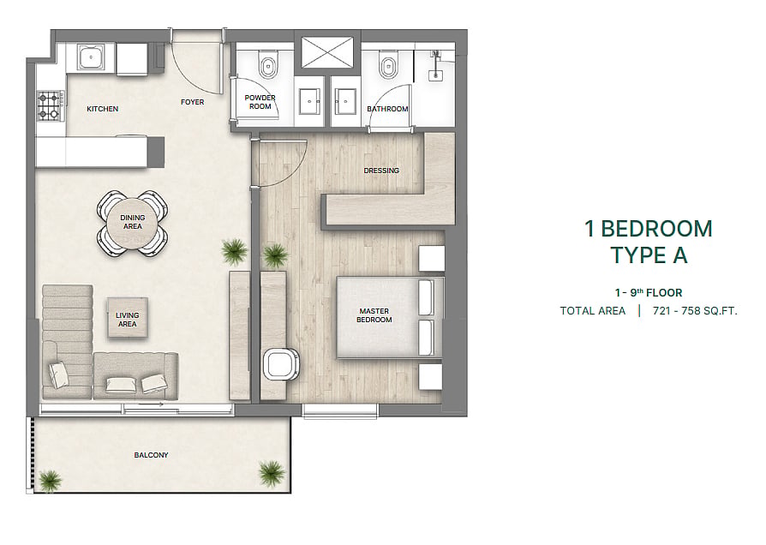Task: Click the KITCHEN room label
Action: click(x=102, y=109)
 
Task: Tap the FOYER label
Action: click(x=193, y=102)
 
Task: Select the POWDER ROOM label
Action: click(x=260, y=102)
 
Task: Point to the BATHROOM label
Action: click(x=387, y=109)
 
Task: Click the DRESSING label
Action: click(x=381, y=171)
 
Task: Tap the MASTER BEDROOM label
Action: click(x=374, y=315)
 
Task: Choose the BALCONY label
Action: click(x=151, y=455)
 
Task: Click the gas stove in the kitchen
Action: click(x=49, y=106)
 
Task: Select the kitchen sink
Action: click(x=92, y=57)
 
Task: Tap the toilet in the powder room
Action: click(x=267, y=66)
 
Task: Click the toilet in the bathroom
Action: click(x=387, y=65)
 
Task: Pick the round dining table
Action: click(x=133, y=222)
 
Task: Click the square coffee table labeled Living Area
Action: click(x=127, y=318)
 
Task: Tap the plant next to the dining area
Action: click(x=234, y=252)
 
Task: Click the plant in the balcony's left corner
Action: click(x=50, y=481)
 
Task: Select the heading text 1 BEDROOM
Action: click(x=649, y=229)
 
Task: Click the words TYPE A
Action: click(x=649, y=255)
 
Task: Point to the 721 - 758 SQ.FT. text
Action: click(x=695, y=311)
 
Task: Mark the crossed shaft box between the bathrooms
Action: click(x=327, y=51)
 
